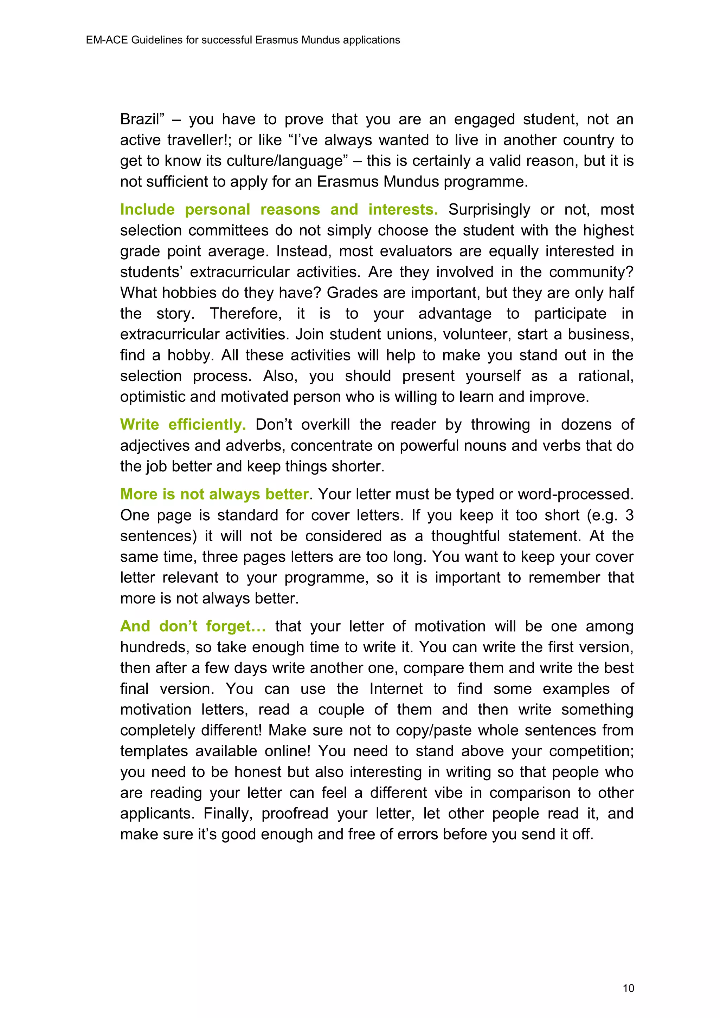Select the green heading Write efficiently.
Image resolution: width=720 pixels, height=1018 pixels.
click(183, 424)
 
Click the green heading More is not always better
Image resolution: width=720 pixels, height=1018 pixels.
click(214, 494)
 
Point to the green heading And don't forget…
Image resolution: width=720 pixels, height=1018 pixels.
click(193, 626)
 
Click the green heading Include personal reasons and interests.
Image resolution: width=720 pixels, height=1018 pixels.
click(278, 209)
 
